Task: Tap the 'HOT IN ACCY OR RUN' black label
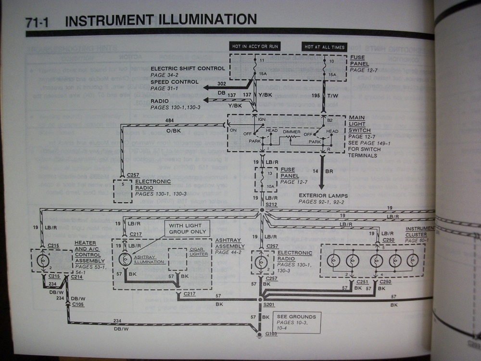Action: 254,47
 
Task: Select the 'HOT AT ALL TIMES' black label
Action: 324,47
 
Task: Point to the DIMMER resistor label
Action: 291,131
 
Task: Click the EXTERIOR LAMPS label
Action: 323,196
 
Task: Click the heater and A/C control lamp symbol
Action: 43,260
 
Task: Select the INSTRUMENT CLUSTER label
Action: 421,232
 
